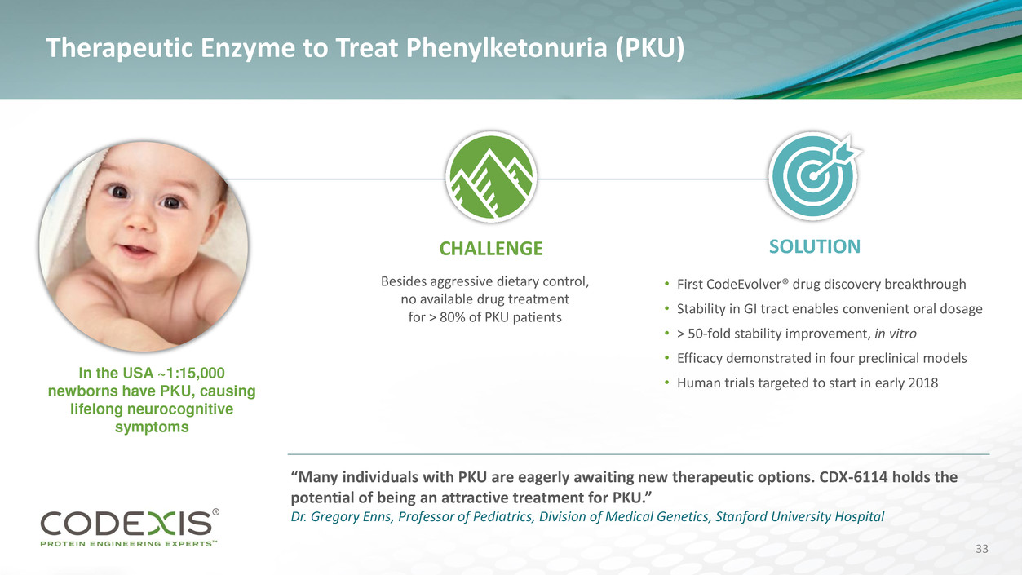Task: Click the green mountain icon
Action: coord(491,177)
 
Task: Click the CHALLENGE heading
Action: coord(491,249)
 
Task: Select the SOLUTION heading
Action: coord(814,246)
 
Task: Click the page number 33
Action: coord(982,549)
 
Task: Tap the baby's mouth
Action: coord(135,250)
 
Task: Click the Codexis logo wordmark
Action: coord(126,524)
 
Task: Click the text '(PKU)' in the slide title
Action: coord(651,48)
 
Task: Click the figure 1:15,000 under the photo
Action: coord(195,373)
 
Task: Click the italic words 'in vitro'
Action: coord(895,334)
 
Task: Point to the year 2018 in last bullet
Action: coord(922,383)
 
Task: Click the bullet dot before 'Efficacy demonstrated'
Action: coord(666,358)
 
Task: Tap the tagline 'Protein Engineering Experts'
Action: coord(128,543)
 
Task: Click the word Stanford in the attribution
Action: coord(738,516)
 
